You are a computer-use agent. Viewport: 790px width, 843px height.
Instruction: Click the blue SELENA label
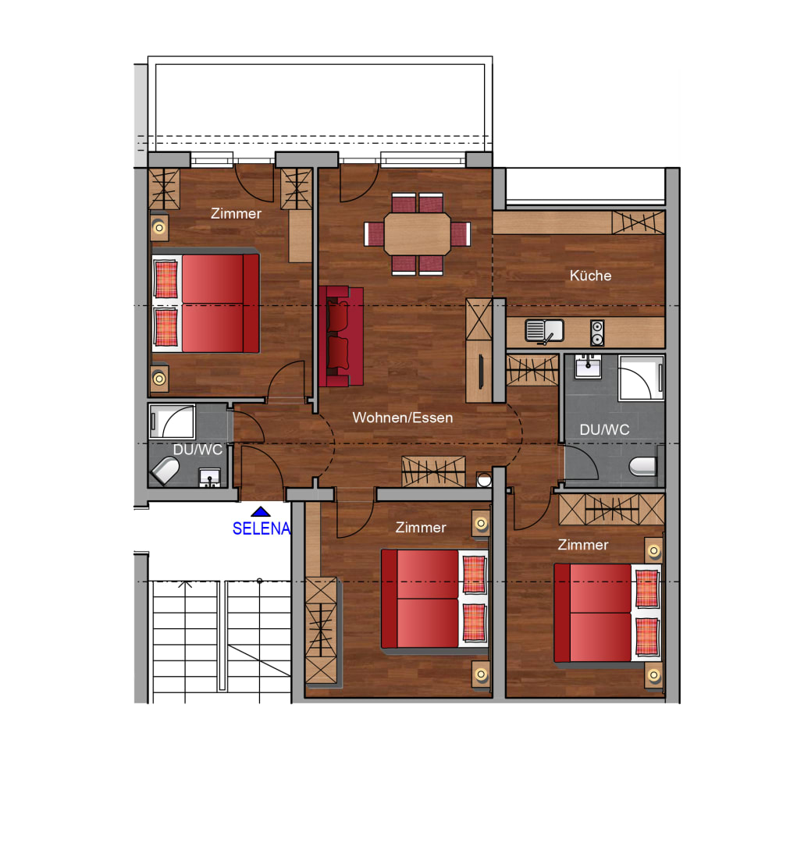coord(262,529)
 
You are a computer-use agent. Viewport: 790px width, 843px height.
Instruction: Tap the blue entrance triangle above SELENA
coord(261,511)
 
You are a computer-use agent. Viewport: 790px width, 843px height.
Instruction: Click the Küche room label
coord(590,276)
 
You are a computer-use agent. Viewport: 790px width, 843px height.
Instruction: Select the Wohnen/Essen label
coord(403,418)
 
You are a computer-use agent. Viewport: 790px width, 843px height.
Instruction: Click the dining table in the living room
coord(418,234)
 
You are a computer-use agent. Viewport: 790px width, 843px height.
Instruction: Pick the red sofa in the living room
coord(341,336)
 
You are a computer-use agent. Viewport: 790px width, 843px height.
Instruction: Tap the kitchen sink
coord(544,331)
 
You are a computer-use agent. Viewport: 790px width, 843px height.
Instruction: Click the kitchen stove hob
coord(597,333)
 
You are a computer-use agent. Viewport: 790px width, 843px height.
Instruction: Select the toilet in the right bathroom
coord(642,466)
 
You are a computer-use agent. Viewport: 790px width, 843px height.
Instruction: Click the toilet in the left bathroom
coord(165,471)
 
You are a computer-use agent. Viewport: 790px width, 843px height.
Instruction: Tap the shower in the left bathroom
coord(172,421)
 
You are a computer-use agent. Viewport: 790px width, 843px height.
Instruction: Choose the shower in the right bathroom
coord(641,378)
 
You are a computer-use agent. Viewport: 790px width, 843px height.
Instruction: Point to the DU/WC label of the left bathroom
coord(197,450)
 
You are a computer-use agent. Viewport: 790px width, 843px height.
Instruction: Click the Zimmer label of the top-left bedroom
coord(236,214)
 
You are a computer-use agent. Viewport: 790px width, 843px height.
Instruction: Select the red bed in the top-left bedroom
coord(206,303)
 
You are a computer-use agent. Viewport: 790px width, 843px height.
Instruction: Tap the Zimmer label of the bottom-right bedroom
coord(583,545)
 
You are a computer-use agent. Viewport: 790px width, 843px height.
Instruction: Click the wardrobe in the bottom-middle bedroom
coord(321,631)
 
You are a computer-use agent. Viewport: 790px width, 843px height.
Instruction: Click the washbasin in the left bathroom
coord(210,478)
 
